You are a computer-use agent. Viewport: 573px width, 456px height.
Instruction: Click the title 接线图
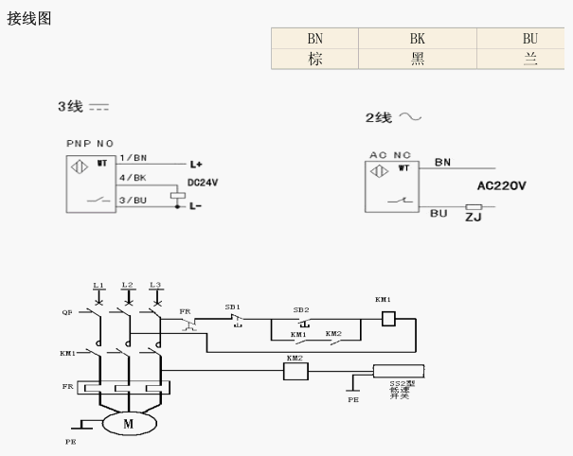pyautogui.click(x=29, y=18)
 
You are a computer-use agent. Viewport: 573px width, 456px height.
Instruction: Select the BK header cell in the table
pyautogui.click(x=417, y=39)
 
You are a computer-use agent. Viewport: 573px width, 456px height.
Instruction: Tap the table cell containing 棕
pyautogui.click(x=314, y=59)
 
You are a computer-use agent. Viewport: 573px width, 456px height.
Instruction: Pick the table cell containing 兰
pyautogui.click(x=529, y=59)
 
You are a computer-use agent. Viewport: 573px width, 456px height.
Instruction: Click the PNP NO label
pyautogui.click(x=90, y=143)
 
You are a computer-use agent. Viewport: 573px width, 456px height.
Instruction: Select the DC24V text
pyautogui.click(x=204, y=182)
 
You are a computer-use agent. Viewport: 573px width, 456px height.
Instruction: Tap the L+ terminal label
pyautogui.click(x=196, y=164)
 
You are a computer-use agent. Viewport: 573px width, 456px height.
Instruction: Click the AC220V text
pyautogui.click(x=502, y=187)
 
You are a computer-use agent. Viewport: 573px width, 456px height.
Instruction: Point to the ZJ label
pyautogui.click(x=473, y=218)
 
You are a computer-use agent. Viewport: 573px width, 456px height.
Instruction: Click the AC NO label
pyautogui.click(x=388, y=153)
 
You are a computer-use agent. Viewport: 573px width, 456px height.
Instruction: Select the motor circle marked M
pyautogui.click(x=128, y=424)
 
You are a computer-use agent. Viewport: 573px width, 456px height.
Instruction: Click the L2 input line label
pyautogui.click(x=127, y=285)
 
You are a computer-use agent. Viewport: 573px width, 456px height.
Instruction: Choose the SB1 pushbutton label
pyautogui.click(x=233, y=307)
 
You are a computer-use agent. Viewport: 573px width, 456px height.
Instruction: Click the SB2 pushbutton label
pyautogui.click(x=300, y=309)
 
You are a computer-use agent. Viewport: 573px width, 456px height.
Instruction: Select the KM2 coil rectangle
pyautogui.click(x=296, y=372)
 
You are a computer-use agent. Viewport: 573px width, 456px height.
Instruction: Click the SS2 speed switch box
pyautogui.click(x=405, y=371)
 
